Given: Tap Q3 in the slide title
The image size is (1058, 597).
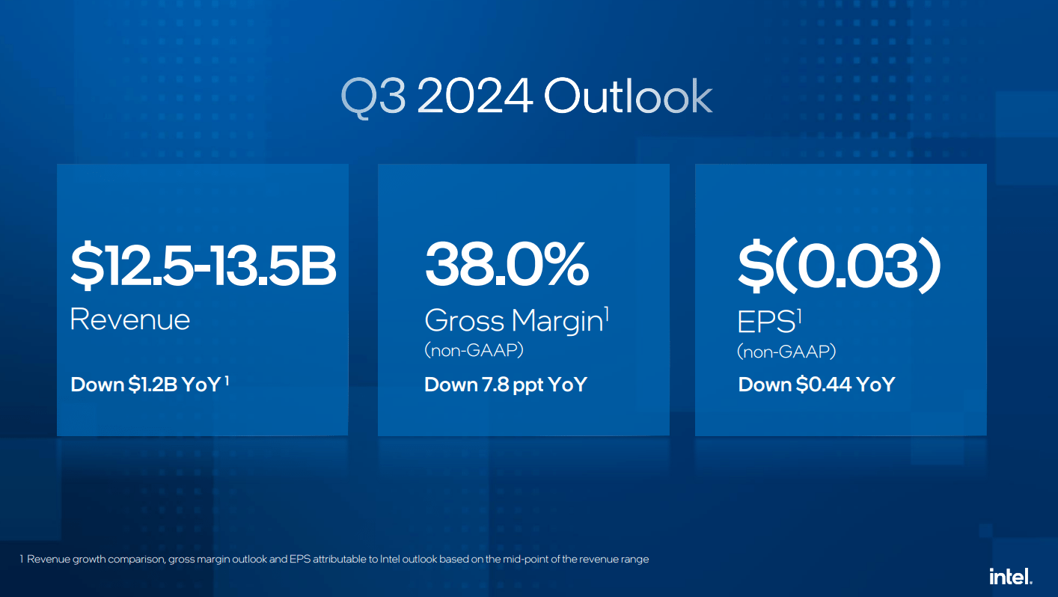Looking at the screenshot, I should point(374,96).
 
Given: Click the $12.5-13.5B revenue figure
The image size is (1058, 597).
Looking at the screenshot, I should point(203,266).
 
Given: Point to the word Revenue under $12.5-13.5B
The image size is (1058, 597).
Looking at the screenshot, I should point(129,319).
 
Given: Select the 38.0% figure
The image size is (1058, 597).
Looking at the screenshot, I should point(507,266).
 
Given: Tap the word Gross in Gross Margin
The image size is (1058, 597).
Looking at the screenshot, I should point(464,321).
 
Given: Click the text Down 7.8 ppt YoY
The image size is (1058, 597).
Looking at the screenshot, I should point(505,385).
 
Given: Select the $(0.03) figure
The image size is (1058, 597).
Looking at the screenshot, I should point(838,266).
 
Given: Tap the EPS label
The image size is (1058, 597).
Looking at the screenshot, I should point(765,321).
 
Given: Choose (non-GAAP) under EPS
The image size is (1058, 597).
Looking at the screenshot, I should point(786,351).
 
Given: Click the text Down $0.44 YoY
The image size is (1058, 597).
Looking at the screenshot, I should point(816,385).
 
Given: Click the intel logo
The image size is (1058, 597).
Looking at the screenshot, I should point(1010,576).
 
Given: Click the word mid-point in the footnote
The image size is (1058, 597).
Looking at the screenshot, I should point(522,560).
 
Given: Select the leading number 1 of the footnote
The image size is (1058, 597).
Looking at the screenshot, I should point(22,560).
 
